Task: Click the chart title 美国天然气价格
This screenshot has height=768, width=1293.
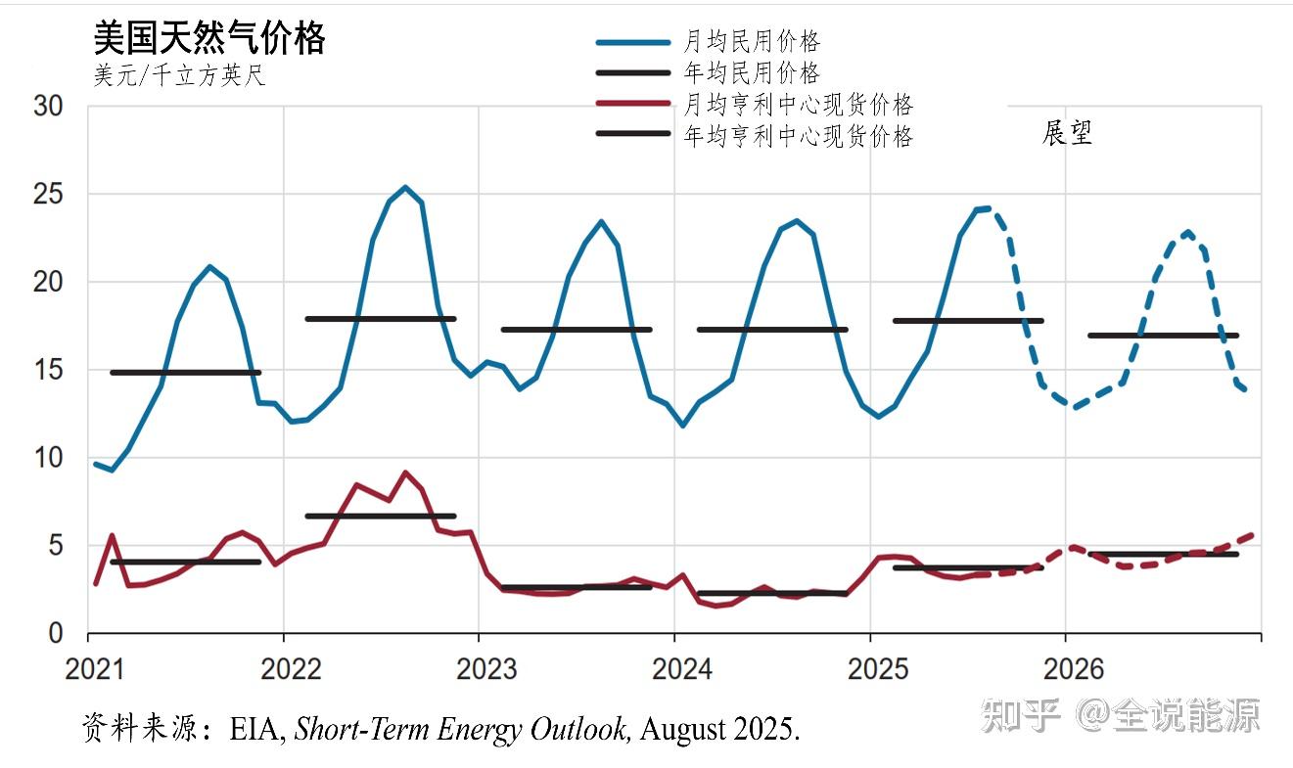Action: [x=208, y=39]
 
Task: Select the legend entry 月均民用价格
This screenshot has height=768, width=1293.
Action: [x=751, y=41]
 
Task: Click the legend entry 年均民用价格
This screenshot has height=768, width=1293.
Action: [x=751, y=72]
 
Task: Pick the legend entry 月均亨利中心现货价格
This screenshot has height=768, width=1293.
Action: [x=798, y=105]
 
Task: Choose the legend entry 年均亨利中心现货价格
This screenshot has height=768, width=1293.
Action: [x=798, y=136]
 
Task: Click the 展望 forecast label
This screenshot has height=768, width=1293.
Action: [x=1066, y=133]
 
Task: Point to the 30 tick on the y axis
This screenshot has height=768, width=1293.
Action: [x=48, y=107]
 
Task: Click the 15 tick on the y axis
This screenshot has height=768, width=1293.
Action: [x=48, y=371]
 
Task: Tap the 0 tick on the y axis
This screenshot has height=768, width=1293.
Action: [x=56, y=634]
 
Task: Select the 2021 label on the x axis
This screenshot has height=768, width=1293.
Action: [x=96, y=670]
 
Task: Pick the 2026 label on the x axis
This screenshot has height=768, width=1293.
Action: [x=1073, y=670]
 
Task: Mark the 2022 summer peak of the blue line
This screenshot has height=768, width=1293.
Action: [x=405, y=187]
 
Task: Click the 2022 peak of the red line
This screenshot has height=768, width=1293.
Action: [x=405, y=473]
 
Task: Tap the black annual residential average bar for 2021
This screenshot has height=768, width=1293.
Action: [x=185, y=373]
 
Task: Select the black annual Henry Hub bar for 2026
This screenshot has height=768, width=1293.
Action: [x=1163, y=554]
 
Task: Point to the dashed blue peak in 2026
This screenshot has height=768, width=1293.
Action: [x=1187, y=233]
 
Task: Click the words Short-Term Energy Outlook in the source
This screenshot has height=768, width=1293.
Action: [x=462, y=730]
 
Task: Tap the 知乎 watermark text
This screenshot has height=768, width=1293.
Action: [x=1021, y=716]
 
